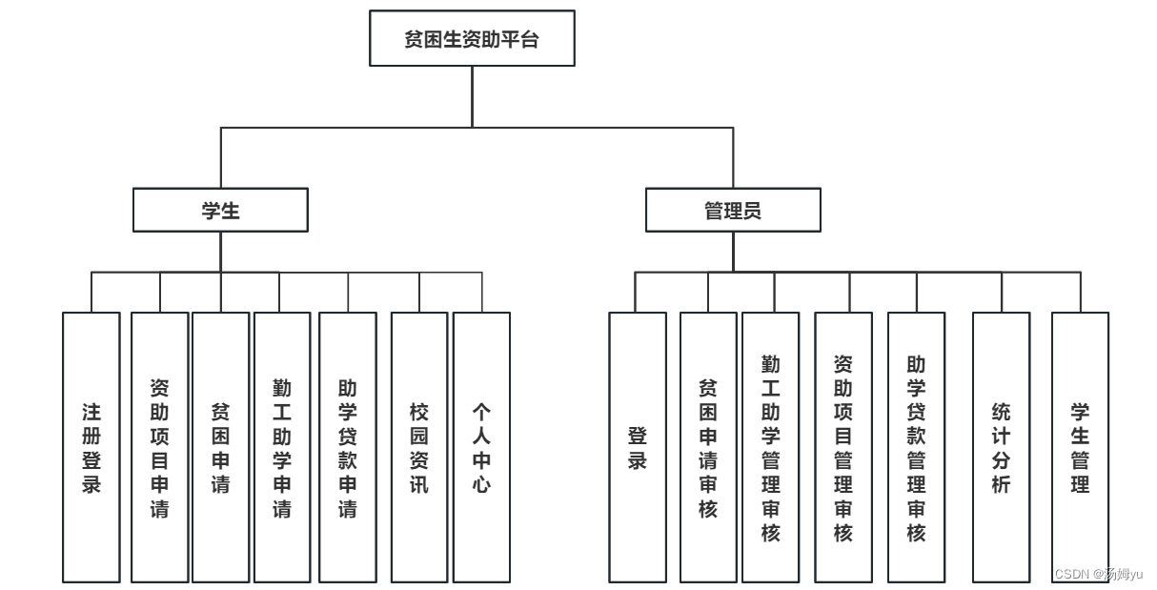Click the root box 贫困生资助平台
[x=472, y=39]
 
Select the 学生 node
[x=220, y=211]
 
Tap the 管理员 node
[x=733, y=211]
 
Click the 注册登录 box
[x=91, y=447]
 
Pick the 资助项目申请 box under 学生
[x=159, y=447]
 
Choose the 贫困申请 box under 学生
[x=220, y=447]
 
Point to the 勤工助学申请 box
[x=282, y=447]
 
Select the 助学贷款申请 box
[x=348, y=447]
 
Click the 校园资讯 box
[x=419, y=447]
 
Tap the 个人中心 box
[x=481, y=447]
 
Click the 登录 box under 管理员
[x=638, y=447]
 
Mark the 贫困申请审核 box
[x=708, y=447]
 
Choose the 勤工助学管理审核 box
[x=771, y=447]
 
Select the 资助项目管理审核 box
[x=843, y=447]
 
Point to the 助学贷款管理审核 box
[x=916, y=447]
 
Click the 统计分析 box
[x=1002, y=447]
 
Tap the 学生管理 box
[x=1080, y=447]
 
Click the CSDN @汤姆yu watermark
[x=1099, y=573]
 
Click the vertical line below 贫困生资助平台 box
[x=472, y=96]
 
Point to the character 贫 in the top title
[x=414, y=40]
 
